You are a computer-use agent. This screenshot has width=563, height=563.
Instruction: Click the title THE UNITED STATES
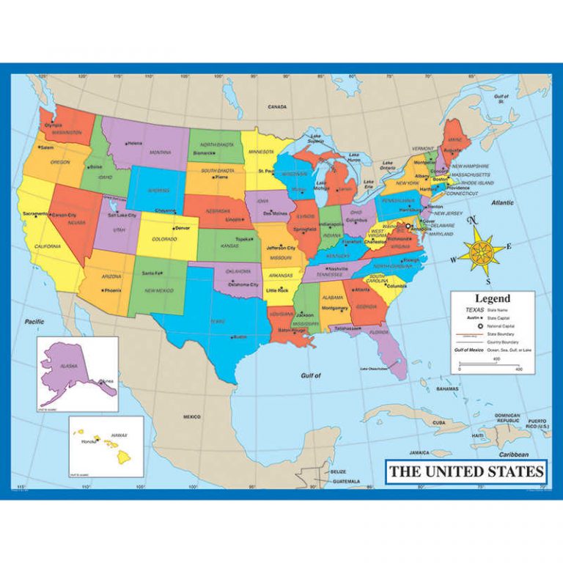[466, 471]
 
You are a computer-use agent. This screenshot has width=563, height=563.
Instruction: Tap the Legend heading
[492, 299]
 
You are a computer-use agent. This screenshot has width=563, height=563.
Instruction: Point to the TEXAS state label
[217, 321]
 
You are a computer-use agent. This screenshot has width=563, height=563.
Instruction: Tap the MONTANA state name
[161, 152]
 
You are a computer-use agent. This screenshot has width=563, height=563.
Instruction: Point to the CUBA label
[438, 423]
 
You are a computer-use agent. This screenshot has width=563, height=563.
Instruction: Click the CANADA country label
[277, 107]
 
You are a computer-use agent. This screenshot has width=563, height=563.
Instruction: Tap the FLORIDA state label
[379, 332]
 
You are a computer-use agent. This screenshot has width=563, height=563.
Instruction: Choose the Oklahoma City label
[244, 284]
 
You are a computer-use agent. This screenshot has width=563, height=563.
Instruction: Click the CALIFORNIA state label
[47, 246]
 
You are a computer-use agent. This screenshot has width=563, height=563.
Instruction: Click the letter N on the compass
[473, 219]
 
